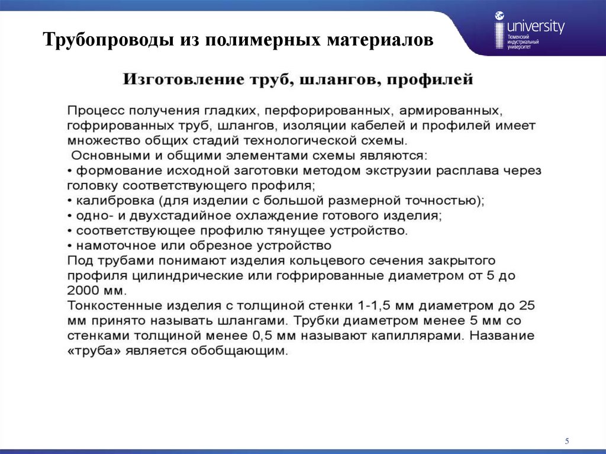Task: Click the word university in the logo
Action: point(536,27)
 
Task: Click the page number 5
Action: point(566,440)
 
